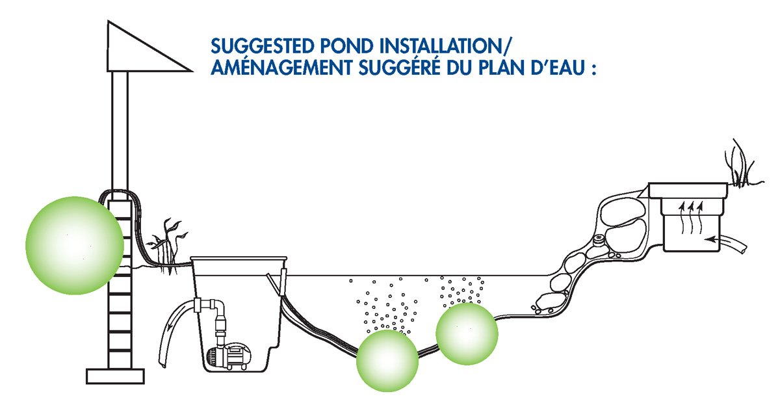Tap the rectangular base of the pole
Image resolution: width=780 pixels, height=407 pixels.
pyautogui.click(x=115, y=376)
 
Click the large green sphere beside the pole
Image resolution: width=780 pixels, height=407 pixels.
pyautogui.click(x=74, y=246)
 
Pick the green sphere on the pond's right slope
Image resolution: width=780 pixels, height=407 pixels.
pyautogui.click(x=467, y=334)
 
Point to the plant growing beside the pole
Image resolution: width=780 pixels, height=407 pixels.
pyautogui.click(x=168, y=244)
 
